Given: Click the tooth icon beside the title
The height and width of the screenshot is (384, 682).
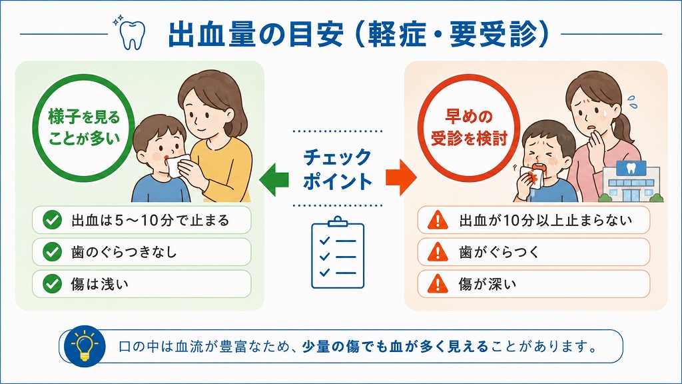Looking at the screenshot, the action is [x=133, y=35].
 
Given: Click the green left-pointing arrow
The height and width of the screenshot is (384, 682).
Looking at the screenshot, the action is [x=274, y=178].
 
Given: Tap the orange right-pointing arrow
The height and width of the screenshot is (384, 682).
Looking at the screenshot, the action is [x=401, y=177].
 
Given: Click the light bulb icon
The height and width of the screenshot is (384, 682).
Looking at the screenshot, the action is [x=85, y=347].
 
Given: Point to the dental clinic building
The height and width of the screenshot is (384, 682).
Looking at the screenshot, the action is [x=631, y=181].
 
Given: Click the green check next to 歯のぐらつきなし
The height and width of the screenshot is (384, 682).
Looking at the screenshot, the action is [x=52, y=252].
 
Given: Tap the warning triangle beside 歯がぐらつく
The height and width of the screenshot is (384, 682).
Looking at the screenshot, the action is [x=438, y=252].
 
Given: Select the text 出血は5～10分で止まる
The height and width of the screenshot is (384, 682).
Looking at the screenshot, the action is [x=150, y=220].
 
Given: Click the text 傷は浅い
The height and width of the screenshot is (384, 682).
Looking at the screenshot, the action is [x=100, y=284].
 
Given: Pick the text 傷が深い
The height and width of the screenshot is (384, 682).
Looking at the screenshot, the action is [x=488, y=284].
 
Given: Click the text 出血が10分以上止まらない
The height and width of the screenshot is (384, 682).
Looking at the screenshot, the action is [x=545, y=220].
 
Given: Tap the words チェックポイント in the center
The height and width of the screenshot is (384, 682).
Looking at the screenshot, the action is [x=338, y=169].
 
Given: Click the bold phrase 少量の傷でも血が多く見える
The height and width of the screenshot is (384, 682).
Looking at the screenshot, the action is [x=396, y=347].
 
